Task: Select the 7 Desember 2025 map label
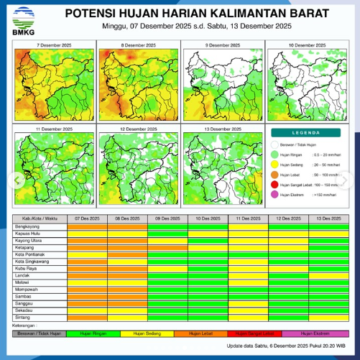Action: pyautogui.click(x=54, y=45)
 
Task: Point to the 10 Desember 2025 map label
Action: pyautogui.click(x=307, y=45)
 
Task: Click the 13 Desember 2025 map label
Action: pyautogui.click(x=223, y=128)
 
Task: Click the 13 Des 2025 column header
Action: pyautogui.click(x=327, y=217)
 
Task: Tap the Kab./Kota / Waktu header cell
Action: pyautogui.click(x=39, y=217)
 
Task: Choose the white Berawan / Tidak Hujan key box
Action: pyautogui.click(x=40, y=333)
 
